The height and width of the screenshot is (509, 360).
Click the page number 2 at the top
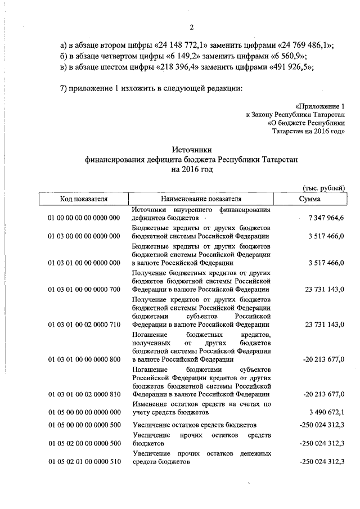click(x=191, y=28)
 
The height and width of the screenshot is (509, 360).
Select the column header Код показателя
click(x=84, y=199)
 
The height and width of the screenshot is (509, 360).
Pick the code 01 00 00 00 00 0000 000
click(x=84, y=217)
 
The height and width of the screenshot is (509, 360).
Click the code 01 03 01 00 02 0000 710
click(x=84, y=325)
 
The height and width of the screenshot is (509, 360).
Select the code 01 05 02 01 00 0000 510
click(x=84, y=462)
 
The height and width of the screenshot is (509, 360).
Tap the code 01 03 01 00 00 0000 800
click(x=84, y=359)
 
